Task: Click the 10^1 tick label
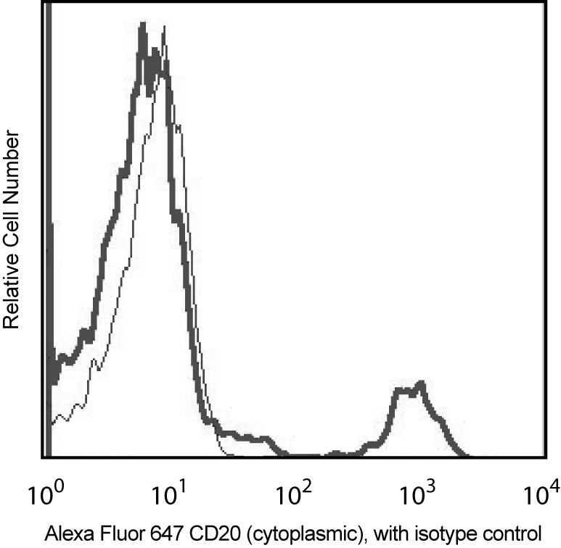tap(169, 498)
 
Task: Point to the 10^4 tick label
tap(539, 498)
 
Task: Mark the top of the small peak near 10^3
tap(419, 382)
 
